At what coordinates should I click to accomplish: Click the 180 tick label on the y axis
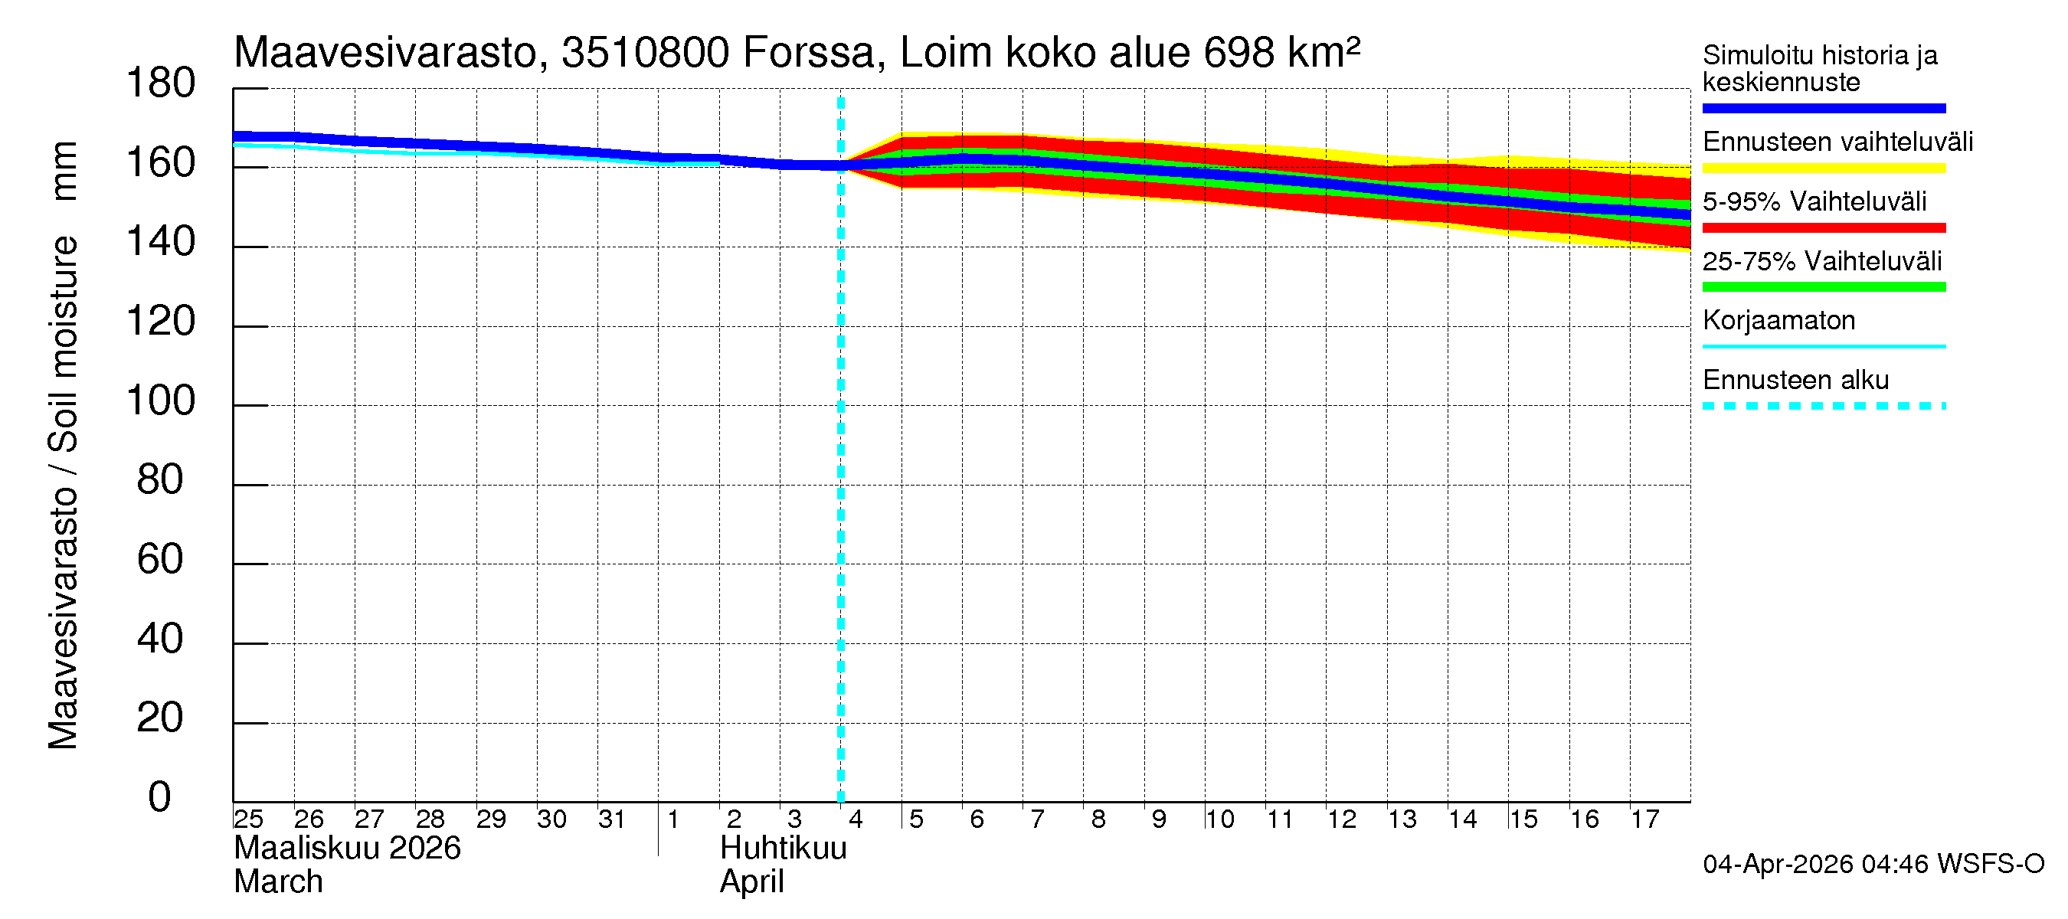[x=161, y=83]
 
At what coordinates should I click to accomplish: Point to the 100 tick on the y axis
[x=161, y=401]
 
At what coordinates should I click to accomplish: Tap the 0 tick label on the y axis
[x=160, y=797]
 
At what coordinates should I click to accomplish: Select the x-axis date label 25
[x=248, y=819]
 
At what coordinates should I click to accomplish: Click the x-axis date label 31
[x=612, y=819]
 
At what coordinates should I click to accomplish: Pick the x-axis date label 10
[x=1219, y=819]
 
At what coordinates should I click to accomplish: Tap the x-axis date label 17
[x=1644, y=819]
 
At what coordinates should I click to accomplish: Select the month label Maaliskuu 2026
[x=347, y=849]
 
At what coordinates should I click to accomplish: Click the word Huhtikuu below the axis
[x=783, y=849]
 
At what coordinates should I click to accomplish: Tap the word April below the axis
[x=751, y=882]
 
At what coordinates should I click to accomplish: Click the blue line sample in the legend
[x=1823, y=108]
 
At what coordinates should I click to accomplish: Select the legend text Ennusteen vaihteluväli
[x=1837, y=142]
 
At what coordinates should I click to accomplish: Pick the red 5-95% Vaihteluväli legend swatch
[x=1823, y=228]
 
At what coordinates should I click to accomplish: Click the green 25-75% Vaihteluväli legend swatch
[x=1823, y=287]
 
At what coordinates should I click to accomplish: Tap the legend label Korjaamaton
[x=1778, y=320]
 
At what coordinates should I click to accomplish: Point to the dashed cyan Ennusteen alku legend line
[x=1823, y=406]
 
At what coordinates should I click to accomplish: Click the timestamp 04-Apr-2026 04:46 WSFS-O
[x=1873, y=864]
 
